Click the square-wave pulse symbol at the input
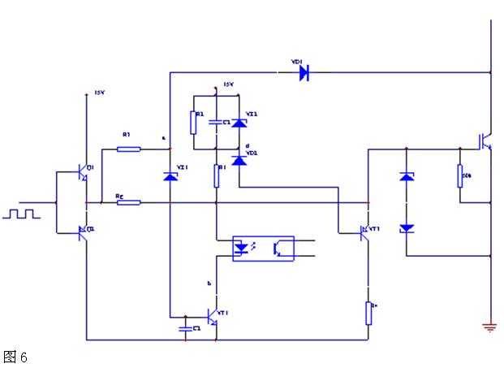tap(21, 214)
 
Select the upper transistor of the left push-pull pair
tap(84, 171)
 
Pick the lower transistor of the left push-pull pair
tap(84, 232)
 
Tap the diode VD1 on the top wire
tap(304, 73)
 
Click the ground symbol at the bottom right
tap(489, 327)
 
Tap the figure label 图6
tap(15, 357)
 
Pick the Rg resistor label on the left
tap(119, 195)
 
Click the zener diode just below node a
tap(170, 175)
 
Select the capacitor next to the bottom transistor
tap(188, 328)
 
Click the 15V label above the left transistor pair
tap(100, 93)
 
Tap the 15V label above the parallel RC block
tap(228, 85)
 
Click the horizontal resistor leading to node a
tap(128, 149)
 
